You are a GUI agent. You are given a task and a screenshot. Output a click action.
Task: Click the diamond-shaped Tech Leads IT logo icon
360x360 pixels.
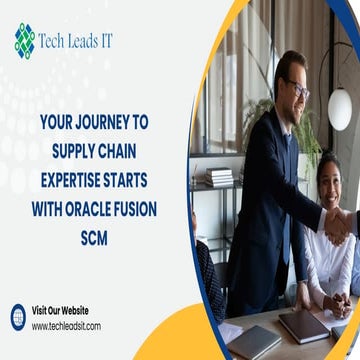[24, 40]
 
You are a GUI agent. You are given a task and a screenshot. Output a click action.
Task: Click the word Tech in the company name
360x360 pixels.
[58, 41]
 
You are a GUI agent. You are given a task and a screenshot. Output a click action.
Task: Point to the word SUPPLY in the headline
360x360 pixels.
[78, 144]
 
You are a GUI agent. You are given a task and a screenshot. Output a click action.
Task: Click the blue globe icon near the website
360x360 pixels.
[18, 317]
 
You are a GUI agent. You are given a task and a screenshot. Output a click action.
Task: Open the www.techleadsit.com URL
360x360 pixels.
[66, 326]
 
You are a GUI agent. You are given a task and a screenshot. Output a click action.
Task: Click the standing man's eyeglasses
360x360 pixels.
[296, 87]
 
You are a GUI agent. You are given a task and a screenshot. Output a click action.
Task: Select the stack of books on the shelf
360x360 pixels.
[220, 176]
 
